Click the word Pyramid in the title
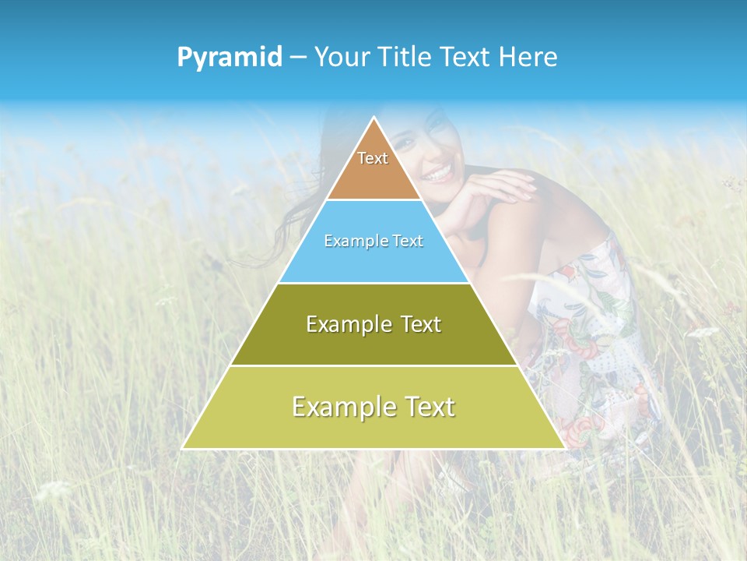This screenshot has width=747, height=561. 230,58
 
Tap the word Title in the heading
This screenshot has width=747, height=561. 407,57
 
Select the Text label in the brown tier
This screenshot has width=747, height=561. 373,158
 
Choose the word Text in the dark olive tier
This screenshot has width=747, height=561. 421,324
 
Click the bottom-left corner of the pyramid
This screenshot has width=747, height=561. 183,448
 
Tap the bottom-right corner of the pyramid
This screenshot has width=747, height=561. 564,448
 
